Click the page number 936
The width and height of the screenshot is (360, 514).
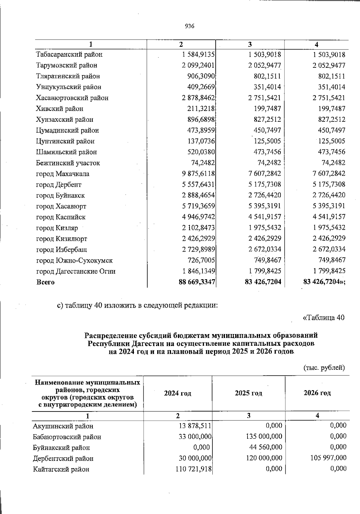coord(190,26)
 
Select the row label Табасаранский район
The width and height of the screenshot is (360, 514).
coord(69,55)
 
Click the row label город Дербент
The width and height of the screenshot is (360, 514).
coord(59,185)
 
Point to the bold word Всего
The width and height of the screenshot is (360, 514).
coord(45,282)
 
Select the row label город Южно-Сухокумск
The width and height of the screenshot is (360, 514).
coord(74,261)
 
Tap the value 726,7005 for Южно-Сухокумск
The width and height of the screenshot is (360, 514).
coord(201,260)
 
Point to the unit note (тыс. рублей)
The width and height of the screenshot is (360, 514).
coord(324,368)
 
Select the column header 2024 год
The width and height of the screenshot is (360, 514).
coord(178,393)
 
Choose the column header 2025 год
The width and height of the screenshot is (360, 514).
coord(248,393)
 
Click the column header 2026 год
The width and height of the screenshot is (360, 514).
coord(317,393)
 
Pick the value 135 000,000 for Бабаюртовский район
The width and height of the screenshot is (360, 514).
coord(264,437)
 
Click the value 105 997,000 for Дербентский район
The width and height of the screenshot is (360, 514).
coord(328,458)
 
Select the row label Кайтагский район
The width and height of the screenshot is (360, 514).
coord(61,469)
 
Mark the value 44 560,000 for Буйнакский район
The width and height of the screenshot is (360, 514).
coord(266,447)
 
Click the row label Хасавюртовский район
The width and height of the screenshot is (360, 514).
coord(72,98)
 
